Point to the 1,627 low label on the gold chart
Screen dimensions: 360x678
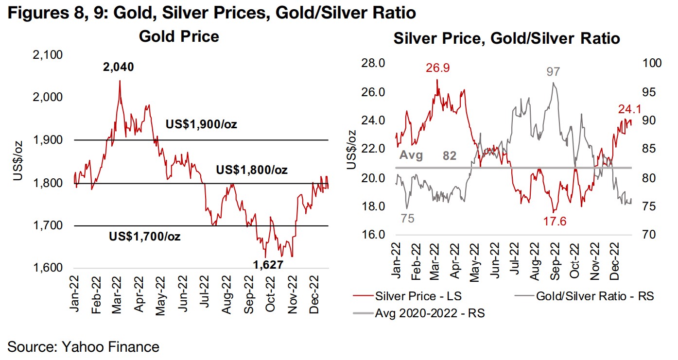tap(268, 265)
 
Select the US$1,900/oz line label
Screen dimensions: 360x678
tap(201, 124)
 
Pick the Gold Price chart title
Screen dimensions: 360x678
tap(179, 36)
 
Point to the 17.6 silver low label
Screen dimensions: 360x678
tap(554, 222)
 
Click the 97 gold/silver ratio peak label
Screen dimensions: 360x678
tap(553, 72)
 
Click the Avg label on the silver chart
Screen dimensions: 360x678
tap(411, 156)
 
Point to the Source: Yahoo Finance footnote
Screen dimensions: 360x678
tap(84, 347)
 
